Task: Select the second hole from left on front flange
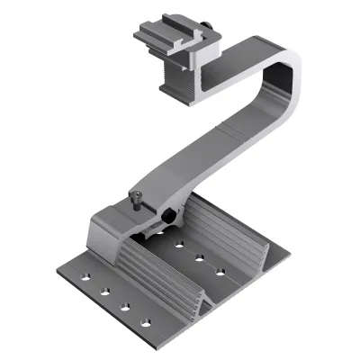[106, 292]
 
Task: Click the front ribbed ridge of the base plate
[153, 270]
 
